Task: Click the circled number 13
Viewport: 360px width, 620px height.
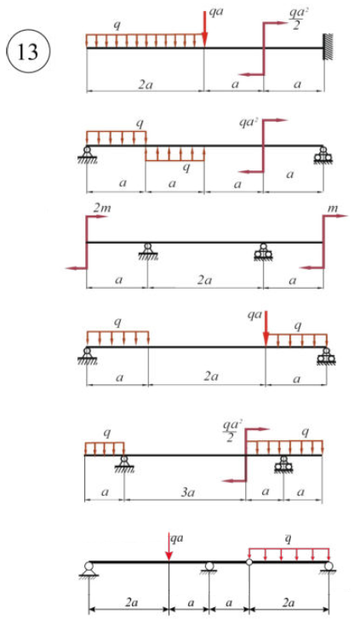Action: [x=28, y=51]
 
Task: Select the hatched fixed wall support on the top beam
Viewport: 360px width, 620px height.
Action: [x=329, y=47]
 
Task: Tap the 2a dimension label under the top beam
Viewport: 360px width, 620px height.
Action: [x=146, y=84]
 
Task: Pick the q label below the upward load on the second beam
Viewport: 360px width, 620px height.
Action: [x=186, y=168]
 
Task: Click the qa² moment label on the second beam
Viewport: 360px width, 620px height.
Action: [x=249, y=122]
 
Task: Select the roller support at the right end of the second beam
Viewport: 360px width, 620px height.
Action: [x=323, y=155]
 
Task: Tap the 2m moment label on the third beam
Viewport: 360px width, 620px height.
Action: [x=102, y=208]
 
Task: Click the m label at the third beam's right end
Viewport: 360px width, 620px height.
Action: [x=333, y=208]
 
